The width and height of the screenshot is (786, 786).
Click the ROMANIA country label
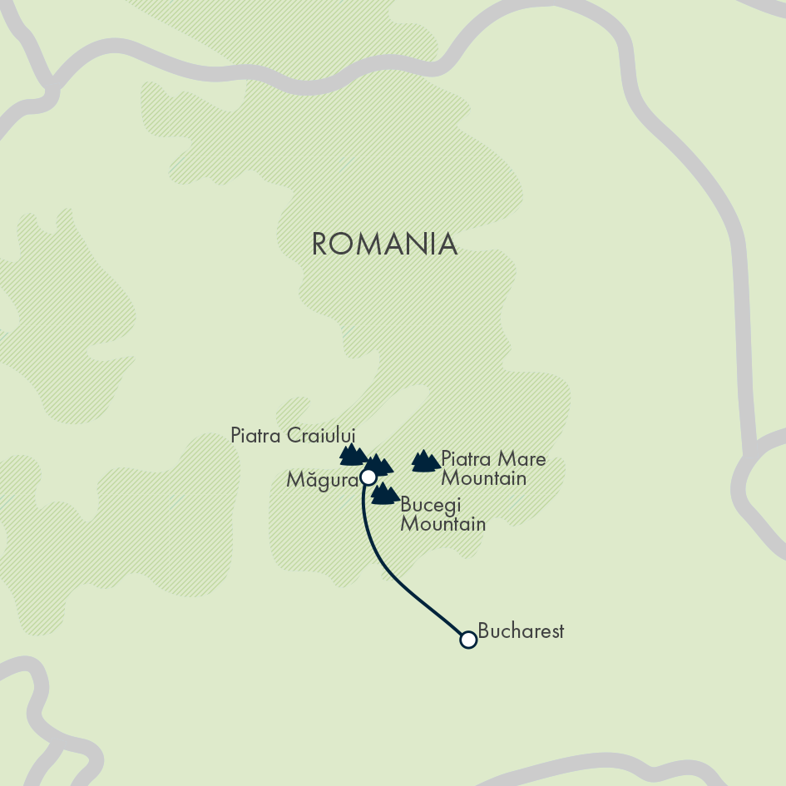[x=384, y=245]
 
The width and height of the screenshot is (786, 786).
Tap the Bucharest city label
[x=522, y=631]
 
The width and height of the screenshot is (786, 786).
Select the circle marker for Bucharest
[x=468, y=639]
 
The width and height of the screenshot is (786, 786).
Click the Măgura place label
[x=321, y=480]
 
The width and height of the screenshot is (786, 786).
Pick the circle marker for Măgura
[x=368, y=477]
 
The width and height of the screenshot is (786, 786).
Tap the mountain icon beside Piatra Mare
[x=426, y=461]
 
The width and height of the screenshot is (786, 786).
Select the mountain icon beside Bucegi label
[x=384, y=494]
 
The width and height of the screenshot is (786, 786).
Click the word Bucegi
[x=430, y=505]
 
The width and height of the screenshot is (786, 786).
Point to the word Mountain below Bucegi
[x=442, y=524]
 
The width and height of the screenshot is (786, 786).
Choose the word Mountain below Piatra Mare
[x=483, y=478]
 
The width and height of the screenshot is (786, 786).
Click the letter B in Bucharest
[x=484, y=631]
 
